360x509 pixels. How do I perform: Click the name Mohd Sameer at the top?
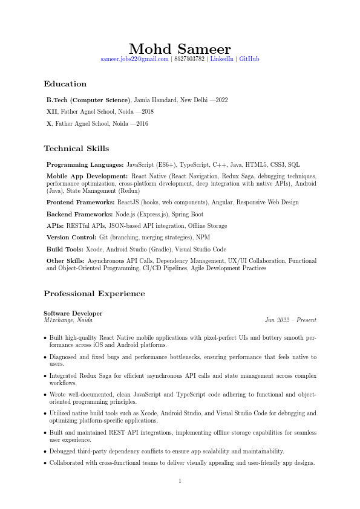click(x=180, y=49)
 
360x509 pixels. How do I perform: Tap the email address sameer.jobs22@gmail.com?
click(x=134, y=59)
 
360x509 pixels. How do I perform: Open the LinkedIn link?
click(x=221, y=59)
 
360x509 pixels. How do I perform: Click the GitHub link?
click(x=249, y=59)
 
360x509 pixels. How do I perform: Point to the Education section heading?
click(x=65, y=84)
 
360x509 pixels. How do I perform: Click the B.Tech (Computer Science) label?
click(x=88, y=100)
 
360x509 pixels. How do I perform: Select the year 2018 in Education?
click(x=148, y=112)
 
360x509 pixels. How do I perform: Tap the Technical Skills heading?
click(x=76, y=149)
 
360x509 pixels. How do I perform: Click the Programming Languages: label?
click(x=85, y=164)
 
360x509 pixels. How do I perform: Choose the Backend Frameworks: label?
click(x=80, y=214)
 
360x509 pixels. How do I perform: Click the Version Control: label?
click(x=71, y=238)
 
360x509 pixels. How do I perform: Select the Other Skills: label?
click(x=66, y=261)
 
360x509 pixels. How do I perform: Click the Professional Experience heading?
click(x=94, y=294)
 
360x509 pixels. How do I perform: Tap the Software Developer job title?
click(x=73, y=313)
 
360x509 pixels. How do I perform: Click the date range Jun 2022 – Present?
click(x=290, y=320)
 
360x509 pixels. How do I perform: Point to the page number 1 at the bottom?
click(x=180, y=481)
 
